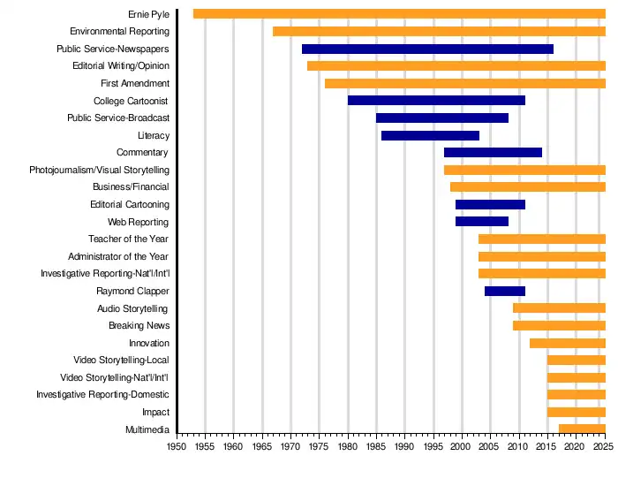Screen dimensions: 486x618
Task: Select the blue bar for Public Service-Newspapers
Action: point(427,49)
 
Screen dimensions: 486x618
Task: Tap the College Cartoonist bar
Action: point(436,101)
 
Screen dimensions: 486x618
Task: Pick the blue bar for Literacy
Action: point(430,135)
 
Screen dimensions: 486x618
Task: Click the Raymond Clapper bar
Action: point(505,291)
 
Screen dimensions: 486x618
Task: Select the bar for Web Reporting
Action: point(482,222)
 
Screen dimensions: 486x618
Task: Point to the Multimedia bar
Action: point(582,429)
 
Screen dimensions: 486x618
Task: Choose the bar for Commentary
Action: point(493,153)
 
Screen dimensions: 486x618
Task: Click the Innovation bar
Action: point(568,343)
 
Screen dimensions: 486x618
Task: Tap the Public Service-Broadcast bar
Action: point(442,118)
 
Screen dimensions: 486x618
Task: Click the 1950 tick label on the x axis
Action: point(177,447)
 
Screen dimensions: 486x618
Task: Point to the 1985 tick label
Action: point(376,447)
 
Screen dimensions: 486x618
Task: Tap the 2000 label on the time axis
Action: point(462,447)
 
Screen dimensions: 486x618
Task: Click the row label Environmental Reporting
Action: point(119,32)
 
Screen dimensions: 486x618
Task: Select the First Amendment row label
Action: point(135,83)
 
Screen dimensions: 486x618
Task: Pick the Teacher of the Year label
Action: point(129,239)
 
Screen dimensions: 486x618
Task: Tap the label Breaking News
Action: point(139,325)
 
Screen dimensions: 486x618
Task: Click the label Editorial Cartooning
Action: point(129,204)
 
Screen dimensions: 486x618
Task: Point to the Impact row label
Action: point(155,412)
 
